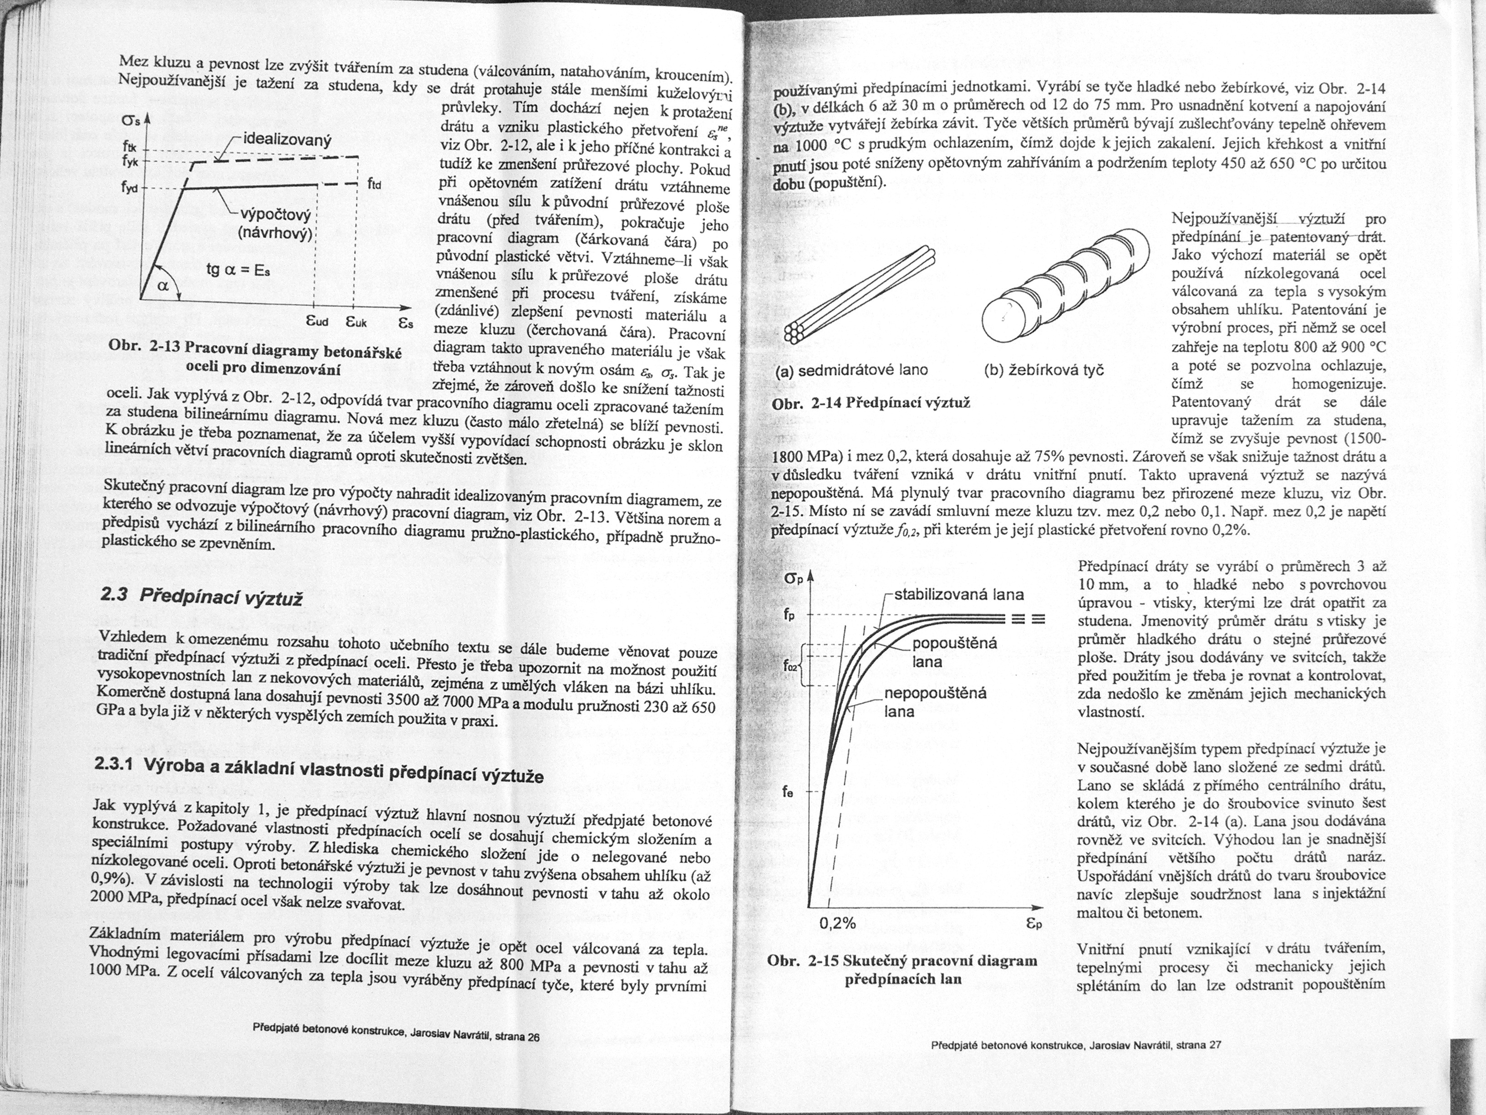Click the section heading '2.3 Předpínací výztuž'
[200, 595]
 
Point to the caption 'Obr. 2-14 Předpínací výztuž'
[871, 403]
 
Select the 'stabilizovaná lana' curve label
[959, 594]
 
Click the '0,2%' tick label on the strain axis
[838, 923]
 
